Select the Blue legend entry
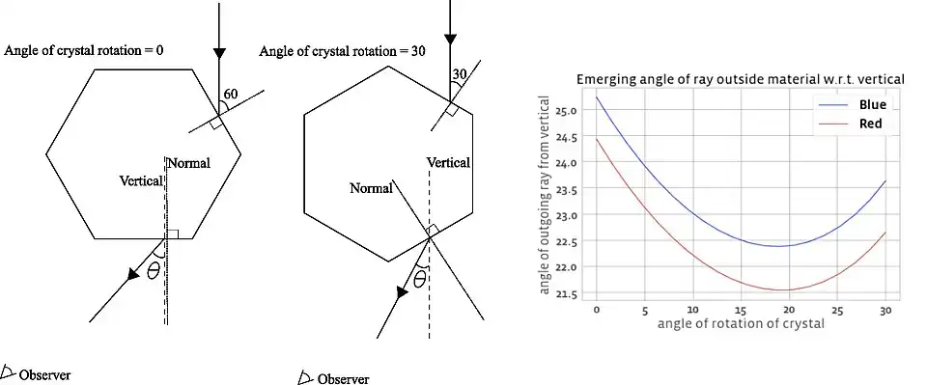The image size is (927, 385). [871, 104]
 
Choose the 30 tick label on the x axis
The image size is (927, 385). [885, 311]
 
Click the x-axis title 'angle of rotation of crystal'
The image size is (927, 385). [741, 324]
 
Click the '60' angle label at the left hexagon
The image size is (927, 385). [232, 94]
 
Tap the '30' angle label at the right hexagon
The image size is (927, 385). [459, 74]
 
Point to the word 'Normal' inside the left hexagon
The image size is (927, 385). [188, 164]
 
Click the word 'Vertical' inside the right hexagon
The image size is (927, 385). [449, 163]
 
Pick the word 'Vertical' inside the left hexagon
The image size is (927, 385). [141, 180]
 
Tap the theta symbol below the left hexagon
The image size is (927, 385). [153, 273]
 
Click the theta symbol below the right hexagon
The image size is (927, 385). [419, 281]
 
